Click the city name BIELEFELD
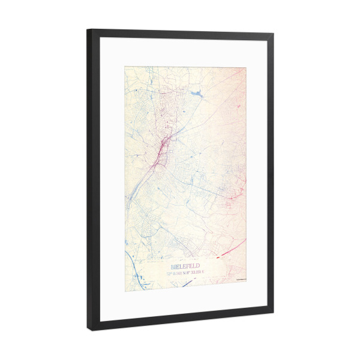(185, 265)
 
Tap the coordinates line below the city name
(186, 273)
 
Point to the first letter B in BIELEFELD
(173, 266)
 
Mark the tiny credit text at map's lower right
(239, 278)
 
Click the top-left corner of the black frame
(88, 29)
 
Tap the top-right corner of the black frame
(274, 35)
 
